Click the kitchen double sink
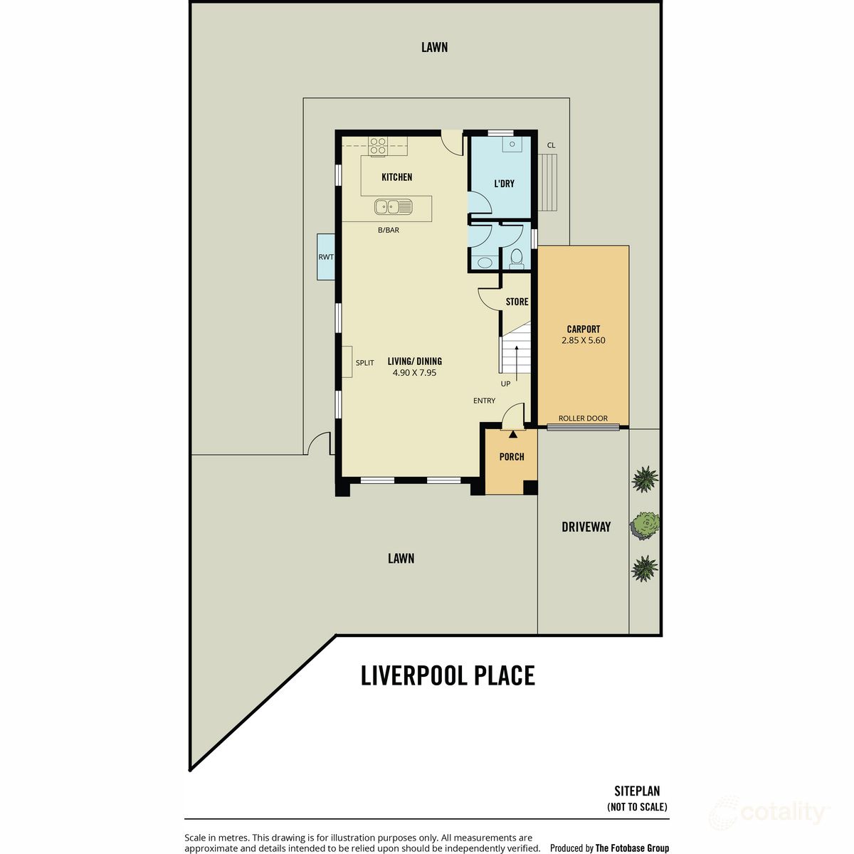393,206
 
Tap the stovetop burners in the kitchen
378,146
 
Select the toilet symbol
517,259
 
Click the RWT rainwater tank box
326,257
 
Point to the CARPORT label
584,330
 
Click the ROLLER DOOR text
583,418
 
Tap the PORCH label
512,456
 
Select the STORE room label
517,302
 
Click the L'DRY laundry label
505,184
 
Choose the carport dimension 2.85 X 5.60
584,340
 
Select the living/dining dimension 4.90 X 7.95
414,373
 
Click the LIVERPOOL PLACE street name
448,675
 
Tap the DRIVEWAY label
586,527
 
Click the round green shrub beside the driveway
645,525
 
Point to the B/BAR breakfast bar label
389,230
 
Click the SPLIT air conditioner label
365,362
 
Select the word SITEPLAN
637,791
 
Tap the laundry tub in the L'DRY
512,144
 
